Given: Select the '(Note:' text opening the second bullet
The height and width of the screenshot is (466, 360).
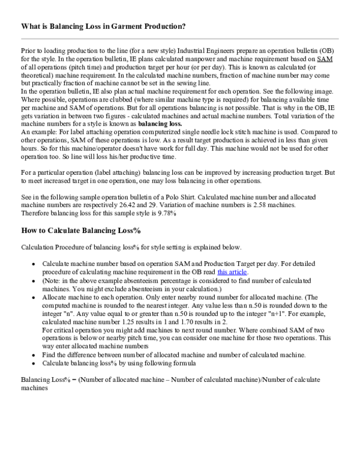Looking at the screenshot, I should (x=54, y=280).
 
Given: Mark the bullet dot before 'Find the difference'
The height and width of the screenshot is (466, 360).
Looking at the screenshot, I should (x=33, y=354).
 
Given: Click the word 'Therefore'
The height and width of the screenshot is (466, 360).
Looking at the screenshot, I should (x=38, y=213).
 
